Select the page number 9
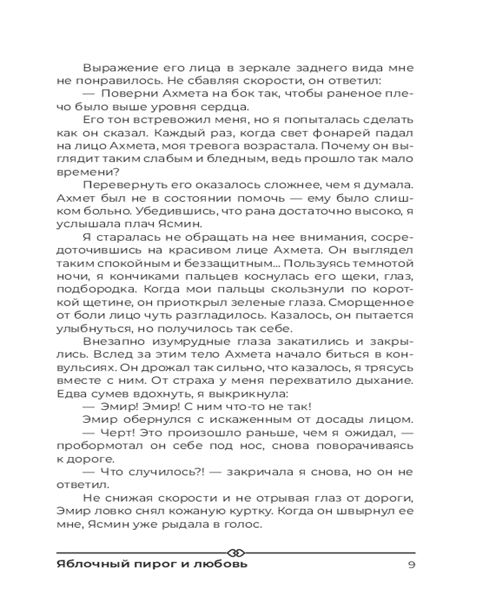tap(411, 564)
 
